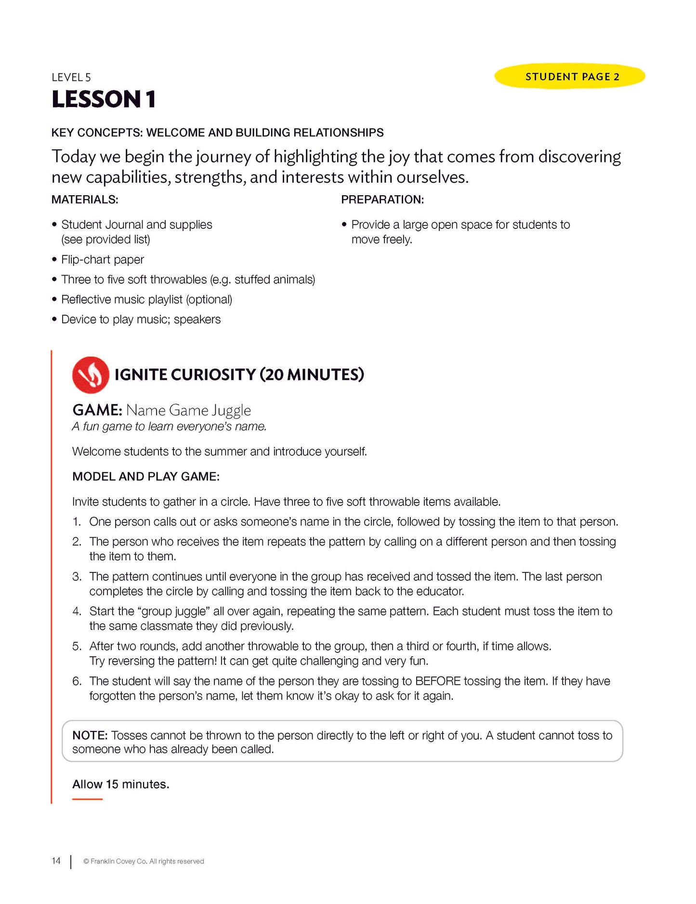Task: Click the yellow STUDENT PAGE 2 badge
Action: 569,77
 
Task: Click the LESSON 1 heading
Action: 104,99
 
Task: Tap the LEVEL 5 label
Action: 71,77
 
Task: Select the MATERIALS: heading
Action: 85,199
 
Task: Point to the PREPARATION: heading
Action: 382,199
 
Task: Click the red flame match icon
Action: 90,375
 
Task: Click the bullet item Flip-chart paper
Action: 102,260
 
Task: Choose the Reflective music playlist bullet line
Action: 146,300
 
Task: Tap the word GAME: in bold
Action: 97,410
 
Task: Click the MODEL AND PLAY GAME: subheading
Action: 145,477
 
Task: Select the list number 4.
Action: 77,612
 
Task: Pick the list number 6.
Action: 77,681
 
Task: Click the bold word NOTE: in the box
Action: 90,735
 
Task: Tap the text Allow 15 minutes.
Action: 120,784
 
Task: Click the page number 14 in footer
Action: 56,861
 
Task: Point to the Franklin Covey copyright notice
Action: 144,862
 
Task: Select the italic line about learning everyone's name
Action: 169,426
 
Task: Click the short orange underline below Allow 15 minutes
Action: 87,799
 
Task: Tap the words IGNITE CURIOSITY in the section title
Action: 185,375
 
